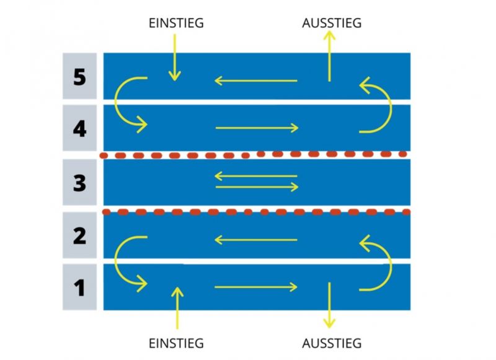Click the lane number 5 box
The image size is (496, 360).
(x=79, y=76)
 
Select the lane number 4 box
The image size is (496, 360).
(x=79, y=128)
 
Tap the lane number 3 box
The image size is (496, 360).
(x=79, y=182)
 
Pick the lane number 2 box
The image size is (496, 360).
(x=79, y=235)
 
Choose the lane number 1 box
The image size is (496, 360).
(x=79, y=287)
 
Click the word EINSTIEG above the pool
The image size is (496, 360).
(x=176, y=23)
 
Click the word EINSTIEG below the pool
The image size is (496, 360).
(x=176, y=343)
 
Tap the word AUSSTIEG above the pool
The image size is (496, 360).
(x=332, y=23)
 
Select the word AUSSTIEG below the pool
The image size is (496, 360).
(x=332, y=343)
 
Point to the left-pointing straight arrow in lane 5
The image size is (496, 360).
(x=256, y=81)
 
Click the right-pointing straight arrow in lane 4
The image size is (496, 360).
(x=257, y=128)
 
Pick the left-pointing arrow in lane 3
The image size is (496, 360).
(x=256, y=176)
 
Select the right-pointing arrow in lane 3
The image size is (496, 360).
(x=257, y=187)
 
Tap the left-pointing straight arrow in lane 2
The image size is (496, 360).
(x=256, y=240)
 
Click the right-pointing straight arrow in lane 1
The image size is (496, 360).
(x=256, y=287)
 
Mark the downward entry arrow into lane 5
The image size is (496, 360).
(x=175, y=58)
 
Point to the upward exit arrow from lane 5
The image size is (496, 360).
(x=329, y=56)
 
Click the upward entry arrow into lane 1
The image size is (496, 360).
(x=177, y=308)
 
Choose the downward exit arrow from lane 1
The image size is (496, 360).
(x=329, y=305)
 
